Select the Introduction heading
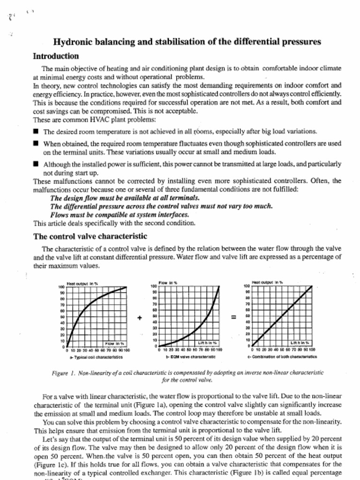pyautogui.click(x=56, y=56)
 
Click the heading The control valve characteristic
pyautogui.click(x=90, y=236)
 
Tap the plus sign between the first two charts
pyautogui.click(x=139, y=318)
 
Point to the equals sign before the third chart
pyautogui.click(x=233, y=318)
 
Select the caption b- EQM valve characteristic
pyautogui.click(x=190, y=357)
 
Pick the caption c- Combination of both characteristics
pyautogui.click(x=282, y=357)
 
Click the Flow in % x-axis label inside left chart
pyautogui.click(x=113, y=343)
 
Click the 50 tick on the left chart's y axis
pyautogui.click(x=61, y=317)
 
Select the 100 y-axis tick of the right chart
pyautogui.click(x=246, y=286)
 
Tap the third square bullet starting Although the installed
pyautogui.click(x=36, y=165)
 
